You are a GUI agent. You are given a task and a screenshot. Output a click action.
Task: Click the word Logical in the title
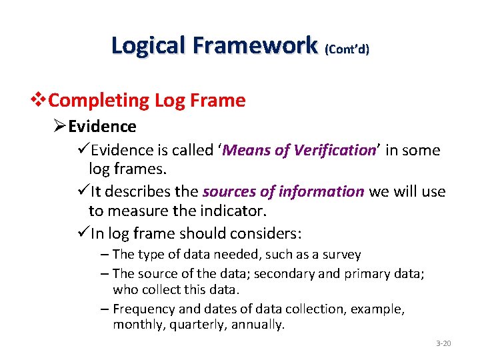(149, 45)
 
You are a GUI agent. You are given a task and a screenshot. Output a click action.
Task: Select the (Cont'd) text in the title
(346, 49)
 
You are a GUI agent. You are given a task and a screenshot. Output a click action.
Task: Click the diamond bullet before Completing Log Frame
(41, 101)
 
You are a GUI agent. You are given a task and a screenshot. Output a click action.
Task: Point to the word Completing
(99, 101)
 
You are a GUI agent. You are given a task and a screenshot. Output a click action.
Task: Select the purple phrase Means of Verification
(299, 150)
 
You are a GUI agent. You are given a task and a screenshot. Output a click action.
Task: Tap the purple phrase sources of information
(283, 192)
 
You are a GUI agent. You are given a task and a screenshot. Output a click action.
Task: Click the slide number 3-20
(443, 343)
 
